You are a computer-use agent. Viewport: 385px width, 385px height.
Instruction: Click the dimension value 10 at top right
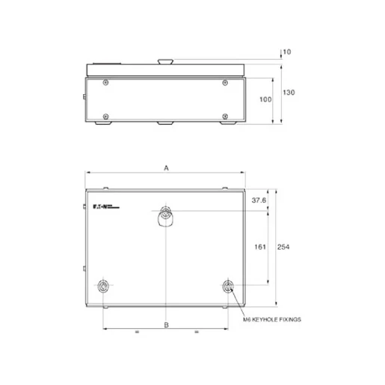287,52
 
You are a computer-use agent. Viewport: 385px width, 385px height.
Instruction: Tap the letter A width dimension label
166,167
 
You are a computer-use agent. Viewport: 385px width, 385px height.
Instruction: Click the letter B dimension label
166,325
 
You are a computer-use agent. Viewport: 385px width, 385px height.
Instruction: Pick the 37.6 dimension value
259,201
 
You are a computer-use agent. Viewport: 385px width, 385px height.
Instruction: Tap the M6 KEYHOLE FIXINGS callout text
271,319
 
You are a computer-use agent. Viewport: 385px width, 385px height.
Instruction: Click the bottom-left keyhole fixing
102,287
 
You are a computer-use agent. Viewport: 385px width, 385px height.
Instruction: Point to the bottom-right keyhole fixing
228,287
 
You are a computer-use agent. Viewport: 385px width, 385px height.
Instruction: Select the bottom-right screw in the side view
225,115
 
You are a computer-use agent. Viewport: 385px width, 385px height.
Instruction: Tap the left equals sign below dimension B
135,331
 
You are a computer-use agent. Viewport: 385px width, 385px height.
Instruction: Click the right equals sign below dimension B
196,331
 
